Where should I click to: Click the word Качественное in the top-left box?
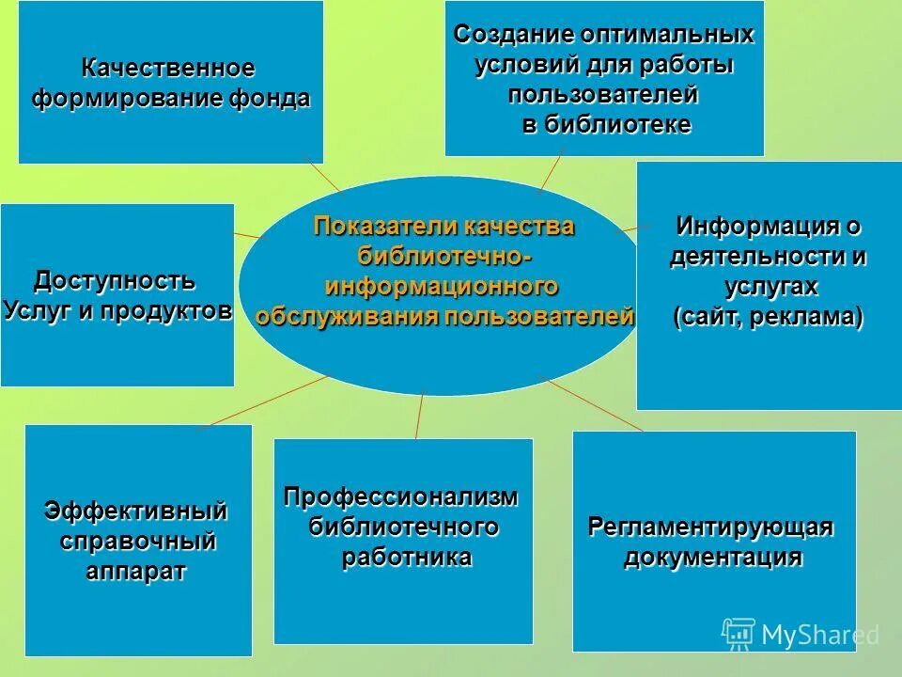tap(167, 69)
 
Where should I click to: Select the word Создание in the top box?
tap(513, 35)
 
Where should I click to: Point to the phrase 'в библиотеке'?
tap(606, 125)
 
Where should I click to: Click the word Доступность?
tap(115, 280)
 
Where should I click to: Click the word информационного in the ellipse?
tap(443, 285)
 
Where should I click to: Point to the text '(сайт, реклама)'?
tap(769, 317)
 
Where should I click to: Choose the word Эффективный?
tap(136, 512)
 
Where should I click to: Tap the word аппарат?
tap(136, 572)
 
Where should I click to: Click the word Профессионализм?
tap(401, 496)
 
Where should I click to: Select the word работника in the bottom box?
tap(406, 557)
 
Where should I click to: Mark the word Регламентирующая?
tap(711, 526)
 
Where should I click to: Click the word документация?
tap(714, 557)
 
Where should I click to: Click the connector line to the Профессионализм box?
tap(420, 416)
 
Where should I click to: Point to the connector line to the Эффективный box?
tap(263, 401)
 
